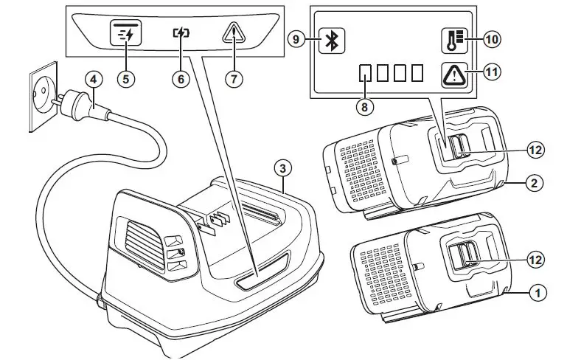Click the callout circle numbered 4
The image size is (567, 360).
click(x=92, y=79)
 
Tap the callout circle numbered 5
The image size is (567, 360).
click(x=128, y=79)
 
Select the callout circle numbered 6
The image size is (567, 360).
click(x=181, y=79)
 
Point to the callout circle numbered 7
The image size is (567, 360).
click(x=234, y=79)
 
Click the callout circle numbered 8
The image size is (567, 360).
click(x=363, y=105)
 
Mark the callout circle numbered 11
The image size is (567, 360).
click(x=491, y=72)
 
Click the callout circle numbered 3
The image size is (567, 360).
click(x=282, y=167)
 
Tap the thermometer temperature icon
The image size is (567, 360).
click(x=455, y=41)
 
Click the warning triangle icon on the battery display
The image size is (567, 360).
click(x=455, y=74)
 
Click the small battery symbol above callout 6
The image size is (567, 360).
click(x=181, y=34)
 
